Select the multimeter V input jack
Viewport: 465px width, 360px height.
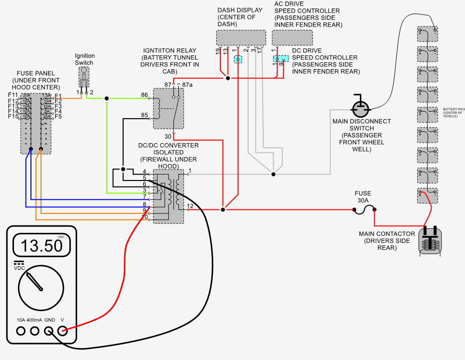63,330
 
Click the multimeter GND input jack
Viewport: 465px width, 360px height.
49,330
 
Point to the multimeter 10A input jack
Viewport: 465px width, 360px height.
21,330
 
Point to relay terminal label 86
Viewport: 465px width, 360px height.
145,95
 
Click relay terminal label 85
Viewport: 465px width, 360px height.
145,116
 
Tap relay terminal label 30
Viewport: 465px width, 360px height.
168,136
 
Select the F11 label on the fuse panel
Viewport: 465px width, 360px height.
13,95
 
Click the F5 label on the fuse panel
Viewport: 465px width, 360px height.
58,116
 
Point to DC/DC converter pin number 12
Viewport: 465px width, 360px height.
190,206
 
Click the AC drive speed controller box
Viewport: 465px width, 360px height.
293,38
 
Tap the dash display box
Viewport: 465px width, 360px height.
242,38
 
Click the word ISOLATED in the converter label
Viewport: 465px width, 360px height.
168,153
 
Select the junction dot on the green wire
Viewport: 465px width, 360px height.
107,98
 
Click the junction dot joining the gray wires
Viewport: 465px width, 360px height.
274,174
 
